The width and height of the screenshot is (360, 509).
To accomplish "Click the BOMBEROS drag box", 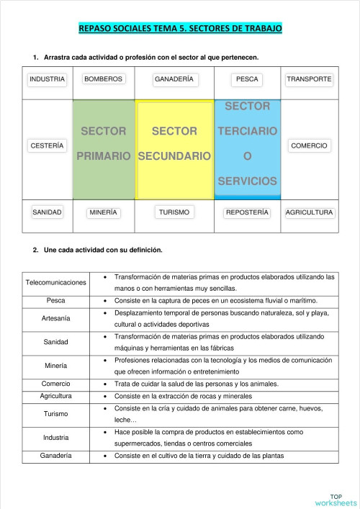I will point(103,78).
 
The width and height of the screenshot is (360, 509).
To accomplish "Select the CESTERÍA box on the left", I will point(47,145).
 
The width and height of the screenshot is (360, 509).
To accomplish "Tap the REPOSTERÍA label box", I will point(247,212).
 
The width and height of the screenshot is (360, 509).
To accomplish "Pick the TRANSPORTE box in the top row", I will point(309,78).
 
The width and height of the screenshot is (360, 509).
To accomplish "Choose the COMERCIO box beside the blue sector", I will point(309,145).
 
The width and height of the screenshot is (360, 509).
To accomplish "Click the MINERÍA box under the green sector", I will point(103,212).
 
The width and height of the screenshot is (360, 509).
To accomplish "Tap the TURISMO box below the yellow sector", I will point(174,212).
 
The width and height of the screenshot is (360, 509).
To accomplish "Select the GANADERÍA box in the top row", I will point(174,78).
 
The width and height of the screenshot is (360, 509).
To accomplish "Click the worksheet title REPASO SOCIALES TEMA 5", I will point(180,28).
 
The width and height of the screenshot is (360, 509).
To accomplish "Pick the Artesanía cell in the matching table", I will point(55,317).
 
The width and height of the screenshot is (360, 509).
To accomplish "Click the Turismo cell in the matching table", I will point(55,413).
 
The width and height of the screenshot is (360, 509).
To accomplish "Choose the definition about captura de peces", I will point(215,299).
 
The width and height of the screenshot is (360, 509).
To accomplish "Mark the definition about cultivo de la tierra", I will point(199,455).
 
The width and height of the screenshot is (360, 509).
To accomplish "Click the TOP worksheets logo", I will point(335,500).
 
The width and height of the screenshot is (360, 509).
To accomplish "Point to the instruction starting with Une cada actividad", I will point(103,251).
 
